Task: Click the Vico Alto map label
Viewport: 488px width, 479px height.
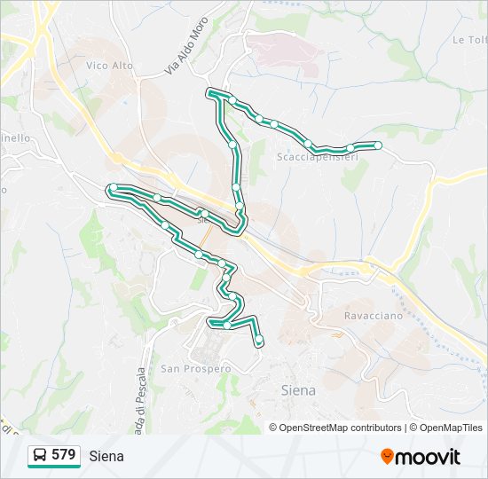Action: [110, 66]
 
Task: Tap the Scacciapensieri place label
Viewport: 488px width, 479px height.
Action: [318, 157]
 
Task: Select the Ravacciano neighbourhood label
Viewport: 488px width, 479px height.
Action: [373, 315]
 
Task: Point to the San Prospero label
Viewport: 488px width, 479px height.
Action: [195, 368]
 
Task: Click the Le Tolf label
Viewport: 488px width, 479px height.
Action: [470, 40]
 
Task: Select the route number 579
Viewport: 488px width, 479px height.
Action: [63, 455]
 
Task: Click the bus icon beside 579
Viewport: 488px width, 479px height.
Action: [40, 456]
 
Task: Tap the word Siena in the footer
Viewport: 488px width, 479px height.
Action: [106, 456]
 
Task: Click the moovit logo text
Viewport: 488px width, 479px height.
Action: [428, 457]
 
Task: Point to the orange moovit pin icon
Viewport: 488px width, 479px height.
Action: [387, 457]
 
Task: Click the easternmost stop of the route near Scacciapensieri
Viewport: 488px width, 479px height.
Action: [378, 145]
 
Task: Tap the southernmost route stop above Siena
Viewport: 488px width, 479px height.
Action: [259, 341]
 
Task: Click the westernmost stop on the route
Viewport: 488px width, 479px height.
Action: [114, 187]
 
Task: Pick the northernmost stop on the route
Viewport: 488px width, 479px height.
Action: [212, 91]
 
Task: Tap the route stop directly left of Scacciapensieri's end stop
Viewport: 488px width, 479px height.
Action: [350, 147]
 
